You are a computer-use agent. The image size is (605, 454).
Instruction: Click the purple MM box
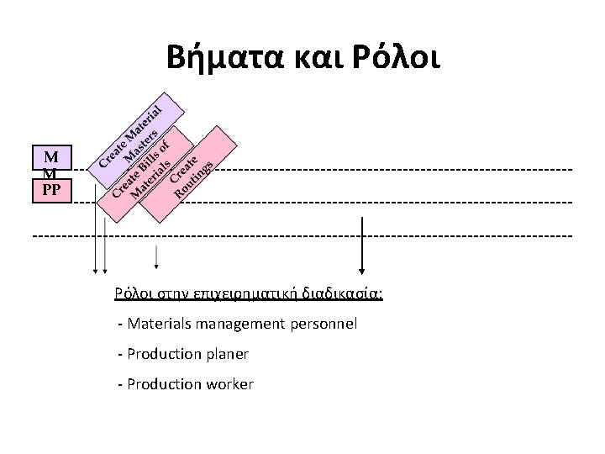51,163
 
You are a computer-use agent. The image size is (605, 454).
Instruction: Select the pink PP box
51,189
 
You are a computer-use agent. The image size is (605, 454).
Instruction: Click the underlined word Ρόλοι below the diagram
132,294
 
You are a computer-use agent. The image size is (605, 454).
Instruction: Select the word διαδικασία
344,294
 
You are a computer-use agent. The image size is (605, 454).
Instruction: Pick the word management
239,323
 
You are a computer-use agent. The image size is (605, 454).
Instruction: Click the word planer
227,354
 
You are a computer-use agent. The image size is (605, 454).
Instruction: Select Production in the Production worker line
161,384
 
